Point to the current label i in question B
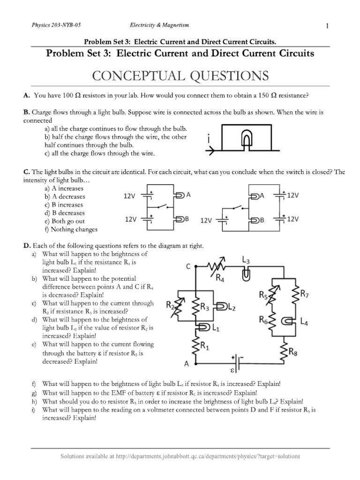point(208,140)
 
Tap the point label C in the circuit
point(188,267)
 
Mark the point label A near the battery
point(186,363)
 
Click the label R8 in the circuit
point(292,354)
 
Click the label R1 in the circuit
point(205,346)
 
